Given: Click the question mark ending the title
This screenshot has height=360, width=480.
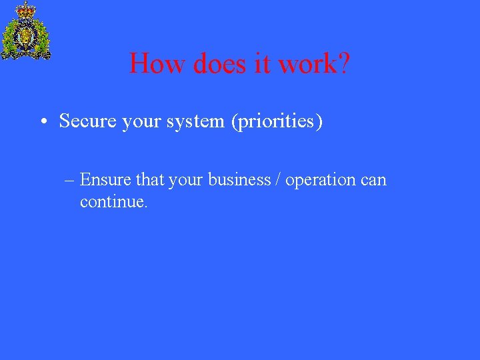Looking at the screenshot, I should [x=343, y=64].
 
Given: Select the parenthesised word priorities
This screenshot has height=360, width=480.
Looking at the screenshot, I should [x=276, y=122].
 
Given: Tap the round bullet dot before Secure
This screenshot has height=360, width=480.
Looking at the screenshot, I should [x=43, y=122].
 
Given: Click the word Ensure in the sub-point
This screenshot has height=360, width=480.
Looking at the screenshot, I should [x=105, y=180].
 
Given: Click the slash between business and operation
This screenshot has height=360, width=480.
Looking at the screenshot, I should [x=278, y=180].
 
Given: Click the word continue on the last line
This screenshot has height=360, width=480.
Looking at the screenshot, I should [x=113, y=202].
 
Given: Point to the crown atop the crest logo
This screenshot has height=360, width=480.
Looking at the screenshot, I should [x=26, y=10].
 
